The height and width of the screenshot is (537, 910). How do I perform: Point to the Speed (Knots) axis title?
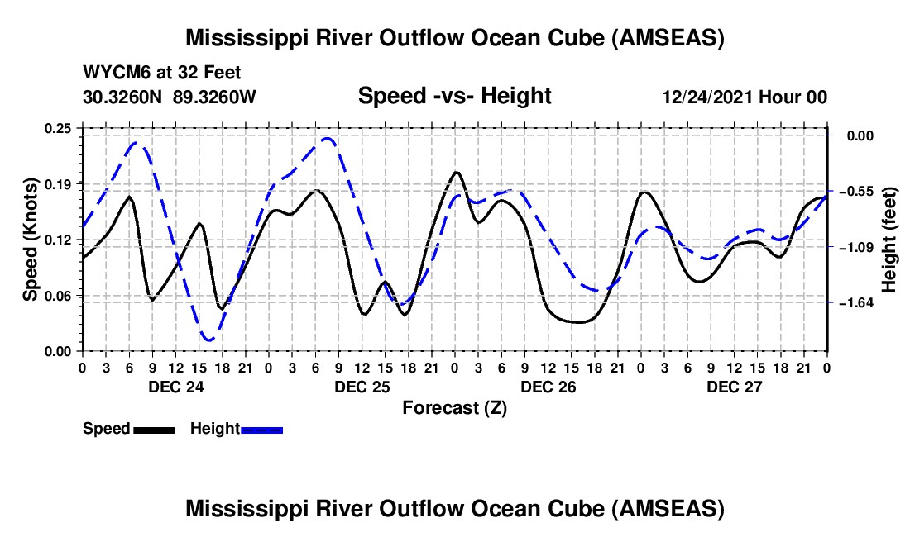(x=31, y=240)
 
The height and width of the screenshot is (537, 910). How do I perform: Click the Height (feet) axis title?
(x=890, y=240)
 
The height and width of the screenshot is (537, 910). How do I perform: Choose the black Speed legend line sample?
(x=154, y=429)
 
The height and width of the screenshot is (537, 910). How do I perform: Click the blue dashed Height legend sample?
(x=262, y=429)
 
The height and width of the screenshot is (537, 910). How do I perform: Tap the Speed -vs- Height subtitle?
(x=454, y=96)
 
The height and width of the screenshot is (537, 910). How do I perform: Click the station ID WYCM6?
(x=113, y=73)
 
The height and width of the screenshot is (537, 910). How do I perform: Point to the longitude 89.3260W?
(x=215, y=97)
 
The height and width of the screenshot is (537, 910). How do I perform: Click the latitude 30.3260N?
(x=123, y=97)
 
